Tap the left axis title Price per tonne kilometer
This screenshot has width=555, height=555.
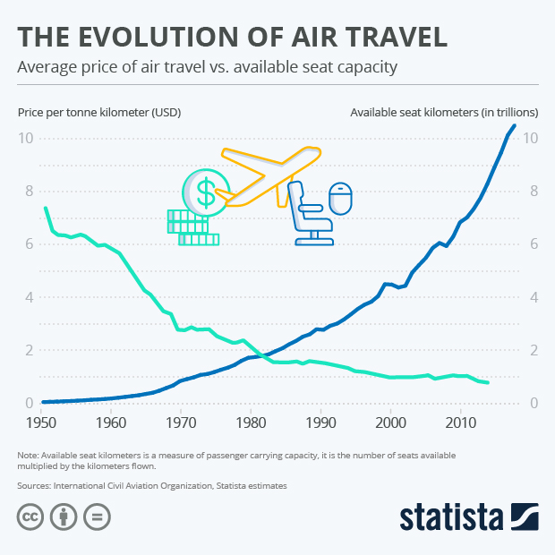[98, 113]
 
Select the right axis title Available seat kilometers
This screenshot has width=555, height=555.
[443, 113]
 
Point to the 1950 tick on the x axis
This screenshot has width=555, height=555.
[41, 422]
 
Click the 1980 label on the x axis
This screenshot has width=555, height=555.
[251, 422]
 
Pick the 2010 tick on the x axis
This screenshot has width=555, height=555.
[460, 422]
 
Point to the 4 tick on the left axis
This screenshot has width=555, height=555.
[29, 297]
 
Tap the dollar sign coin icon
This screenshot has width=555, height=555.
[206, 191]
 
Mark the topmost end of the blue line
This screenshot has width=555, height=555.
[514, 125]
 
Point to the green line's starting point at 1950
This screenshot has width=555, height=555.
[46, 208]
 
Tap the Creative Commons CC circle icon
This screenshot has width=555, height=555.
[30, 517]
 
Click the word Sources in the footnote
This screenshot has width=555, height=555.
[37, 485]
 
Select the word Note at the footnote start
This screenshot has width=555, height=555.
[28, 456]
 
